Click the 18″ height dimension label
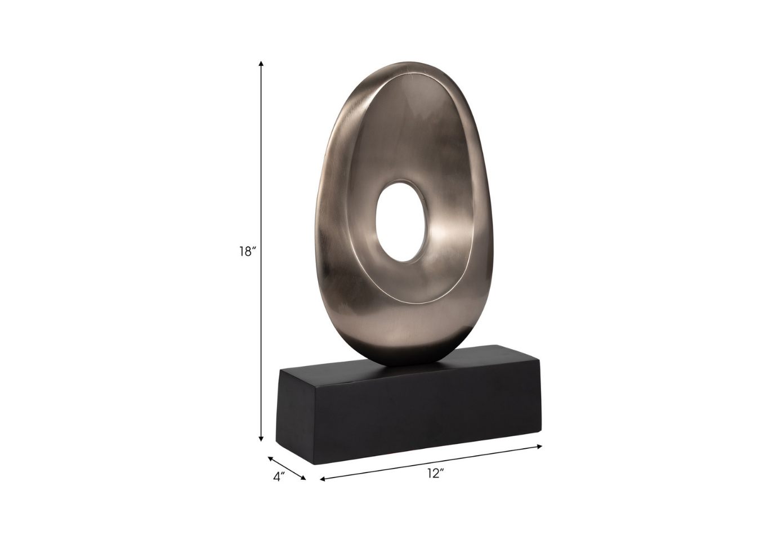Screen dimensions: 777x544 click(247, 252)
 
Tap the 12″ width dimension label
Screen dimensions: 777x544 click(436, 473)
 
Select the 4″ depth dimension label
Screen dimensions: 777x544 click(279, 477)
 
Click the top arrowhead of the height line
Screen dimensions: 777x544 click(261, 64)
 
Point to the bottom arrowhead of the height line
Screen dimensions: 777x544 click(261, 439)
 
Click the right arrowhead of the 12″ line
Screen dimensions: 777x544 click(539, 447)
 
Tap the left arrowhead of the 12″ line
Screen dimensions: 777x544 click(323, 479)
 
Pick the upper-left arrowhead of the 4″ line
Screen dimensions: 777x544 click(271, 458)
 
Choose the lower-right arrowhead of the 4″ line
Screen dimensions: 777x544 click(303, 478)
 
